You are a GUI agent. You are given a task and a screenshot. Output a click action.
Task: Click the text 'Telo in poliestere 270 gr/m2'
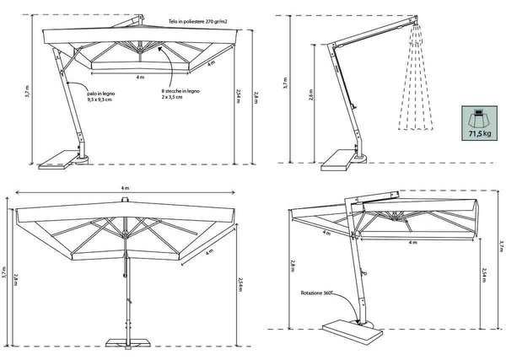click(x=197, y=22)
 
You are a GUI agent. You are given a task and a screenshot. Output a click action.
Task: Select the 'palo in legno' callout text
click(x=101, y=94)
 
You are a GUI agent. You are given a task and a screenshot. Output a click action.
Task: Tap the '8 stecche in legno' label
click(x=180, y=91)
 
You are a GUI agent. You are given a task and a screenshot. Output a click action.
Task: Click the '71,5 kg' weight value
click(x=480, y=133)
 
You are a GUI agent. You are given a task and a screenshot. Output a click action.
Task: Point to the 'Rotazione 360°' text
click(x=316, y=293)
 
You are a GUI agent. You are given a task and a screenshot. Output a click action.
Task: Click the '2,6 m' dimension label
click(x=310, y=94)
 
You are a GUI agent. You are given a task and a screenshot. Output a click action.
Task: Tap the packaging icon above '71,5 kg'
click(x=480, y=119)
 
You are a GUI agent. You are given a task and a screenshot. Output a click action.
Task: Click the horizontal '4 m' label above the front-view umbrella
click(x=125, y=188)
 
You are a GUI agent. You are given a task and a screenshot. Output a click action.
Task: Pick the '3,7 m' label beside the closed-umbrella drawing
click(x=285, y=83)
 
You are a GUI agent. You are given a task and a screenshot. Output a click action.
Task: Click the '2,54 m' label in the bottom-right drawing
click(x=483, y=275)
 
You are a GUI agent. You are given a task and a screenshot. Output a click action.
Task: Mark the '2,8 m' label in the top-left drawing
click(x=256, y=98)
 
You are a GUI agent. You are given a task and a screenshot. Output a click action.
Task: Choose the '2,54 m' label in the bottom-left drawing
click(x=240, y=284)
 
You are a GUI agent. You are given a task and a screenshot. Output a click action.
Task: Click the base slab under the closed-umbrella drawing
click(x=336, y=160)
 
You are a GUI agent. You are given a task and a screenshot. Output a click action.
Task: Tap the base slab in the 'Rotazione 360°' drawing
click(x=353, y=330)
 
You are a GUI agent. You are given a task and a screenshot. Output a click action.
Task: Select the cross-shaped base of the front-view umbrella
click(x=128, y=343)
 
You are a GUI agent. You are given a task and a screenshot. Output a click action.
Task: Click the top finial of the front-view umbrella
click(x=125, y=200)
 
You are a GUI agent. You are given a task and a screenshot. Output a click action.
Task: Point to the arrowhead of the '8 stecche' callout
click(x=159, y=49)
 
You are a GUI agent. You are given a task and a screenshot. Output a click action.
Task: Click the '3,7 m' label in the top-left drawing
click(x=27, y=91)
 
